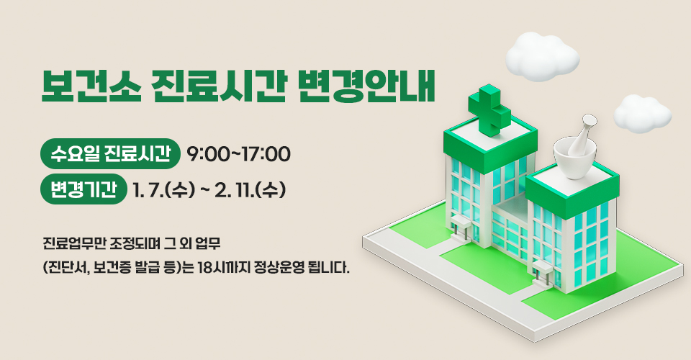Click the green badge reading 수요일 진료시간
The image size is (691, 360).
(110, 153)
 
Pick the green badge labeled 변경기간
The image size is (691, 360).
(83, 190)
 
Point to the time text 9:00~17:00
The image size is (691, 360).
(238, 154)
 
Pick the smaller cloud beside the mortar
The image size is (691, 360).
(642, 114)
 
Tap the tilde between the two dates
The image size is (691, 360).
(205, 191)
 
